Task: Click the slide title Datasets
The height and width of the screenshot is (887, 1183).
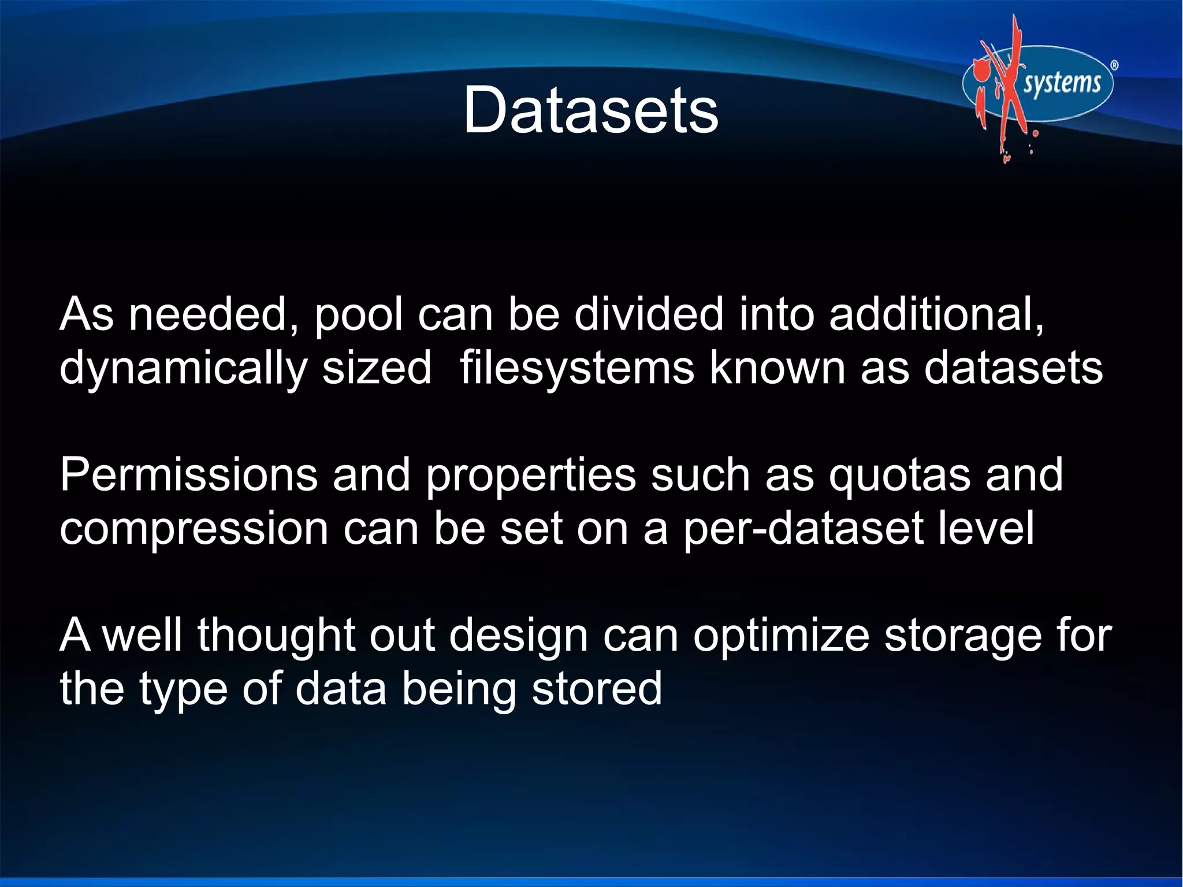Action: tap(590, 110)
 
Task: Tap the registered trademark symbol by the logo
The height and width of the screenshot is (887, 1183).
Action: tap(1114, 65)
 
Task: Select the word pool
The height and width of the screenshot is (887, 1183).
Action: tap(358, 315)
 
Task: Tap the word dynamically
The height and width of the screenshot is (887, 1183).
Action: tap(183, 369)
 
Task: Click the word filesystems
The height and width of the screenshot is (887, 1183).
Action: tap(576, 368)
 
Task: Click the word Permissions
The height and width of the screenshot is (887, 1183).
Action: tap(188, 474)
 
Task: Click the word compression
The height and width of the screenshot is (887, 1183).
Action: tap(194, 529)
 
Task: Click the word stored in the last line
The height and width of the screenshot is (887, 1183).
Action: tap(596, 689)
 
